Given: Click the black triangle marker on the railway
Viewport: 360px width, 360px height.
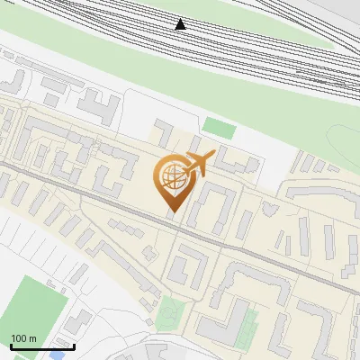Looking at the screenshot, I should tap(181, 23).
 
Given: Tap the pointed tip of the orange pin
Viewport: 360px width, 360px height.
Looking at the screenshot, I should tap(172, 211).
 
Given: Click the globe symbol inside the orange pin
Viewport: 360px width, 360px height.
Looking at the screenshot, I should tap(172, 175).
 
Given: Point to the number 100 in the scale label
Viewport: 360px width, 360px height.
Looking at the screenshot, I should tap(19, 338).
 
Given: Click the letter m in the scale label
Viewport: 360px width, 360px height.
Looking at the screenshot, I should tap(32, 338).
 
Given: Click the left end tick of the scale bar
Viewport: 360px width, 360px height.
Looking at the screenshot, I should tap(11, 345).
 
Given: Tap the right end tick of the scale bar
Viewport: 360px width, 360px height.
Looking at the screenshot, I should tap(74, 345).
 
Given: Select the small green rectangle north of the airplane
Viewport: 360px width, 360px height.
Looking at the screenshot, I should tap(218, 129).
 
